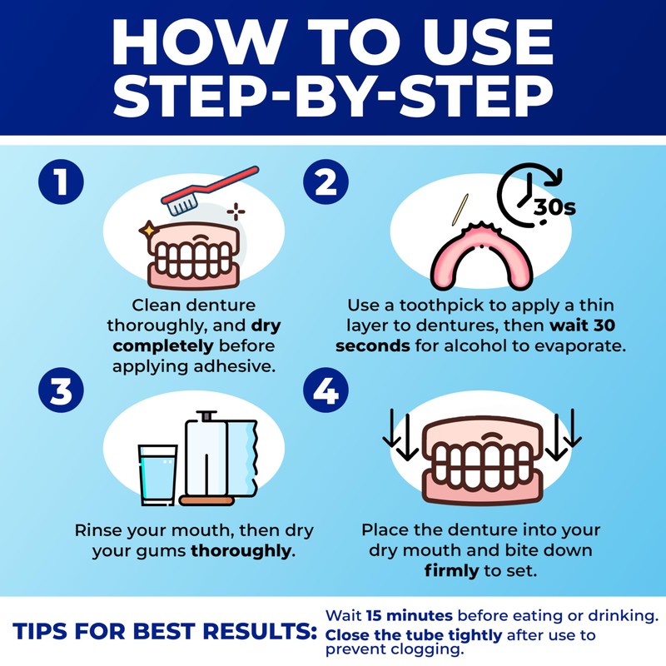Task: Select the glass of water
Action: [158, 473]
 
